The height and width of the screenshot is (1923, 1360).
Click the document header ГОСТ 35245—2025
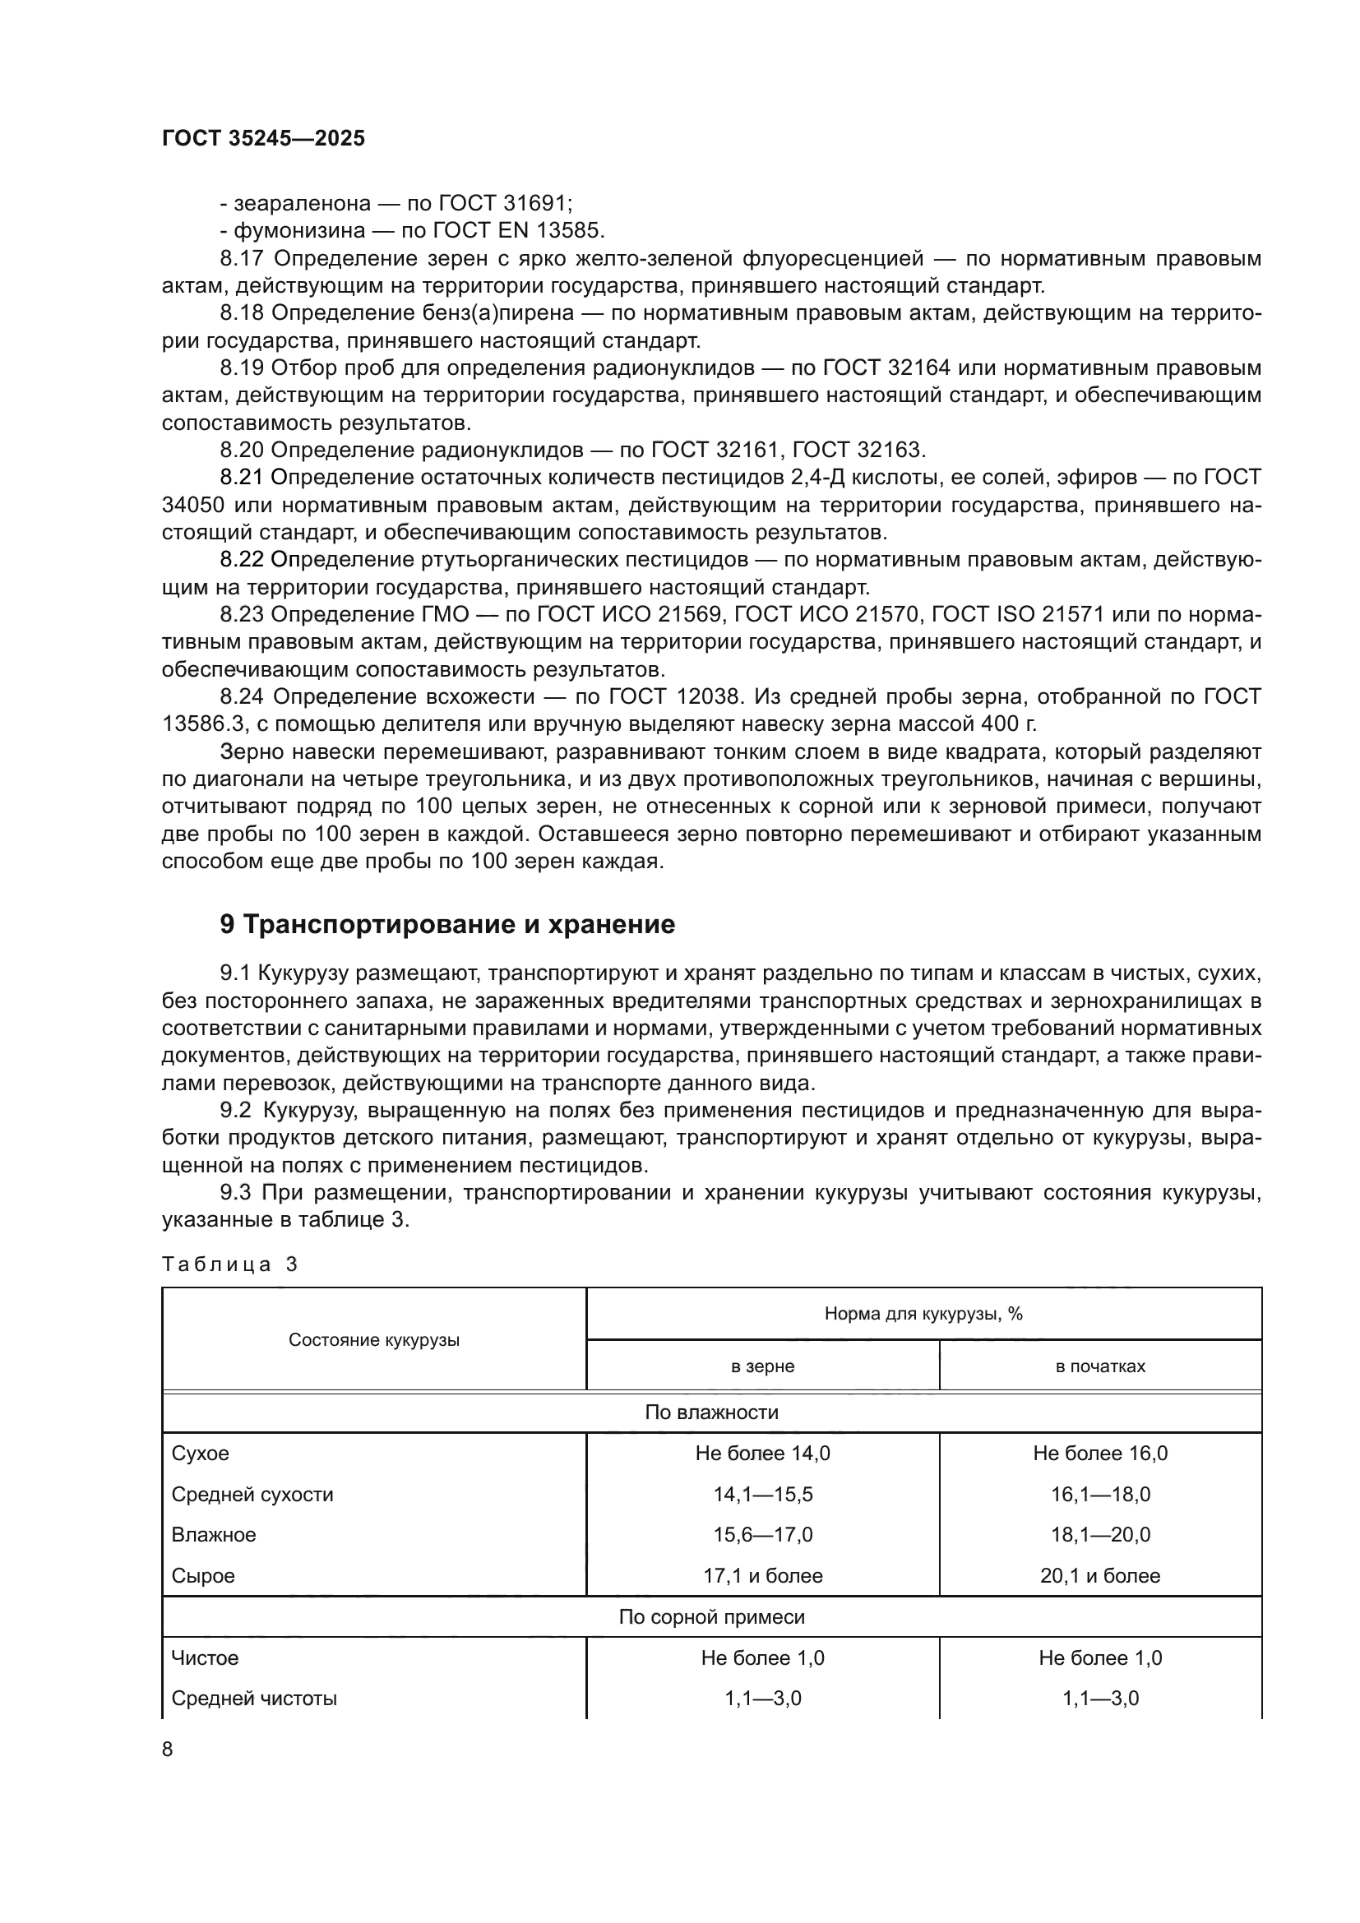tap(263, 139)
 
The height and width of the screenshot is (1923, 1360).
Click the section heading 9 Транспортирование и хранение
tap(447, 925)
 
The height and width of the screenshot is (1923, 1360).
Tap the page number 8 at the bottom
tap(168, 1749)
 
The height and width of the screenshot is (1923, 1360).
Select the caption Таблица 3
tap(229, 1264)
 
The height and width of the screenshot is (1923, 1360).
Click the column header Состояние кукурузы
tap(373, 1340)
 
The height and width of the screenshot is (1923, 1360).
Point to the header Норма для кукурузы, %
tap(923, 1314)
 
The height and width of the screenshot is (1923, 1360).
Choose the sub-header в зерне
tap(762, 1367)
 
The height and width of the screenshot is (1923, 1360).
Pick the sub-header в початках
tap(1099, 1367)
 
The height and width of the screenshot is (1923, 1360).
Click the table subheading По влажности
tap(711, 1413)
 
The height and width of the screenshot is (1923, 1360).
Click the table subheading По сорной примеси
tap(711, 1617)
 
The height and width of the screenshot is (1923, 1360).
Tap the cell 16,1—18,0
tap(1099, 1495)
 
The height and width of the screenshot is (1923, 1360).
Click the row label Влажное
tap(214, 1535)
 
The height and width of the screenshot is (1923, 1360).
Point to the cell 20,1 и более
tap(1099, 1576)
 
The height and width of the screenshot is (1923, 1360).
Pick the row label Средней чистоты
tap(254, 1699)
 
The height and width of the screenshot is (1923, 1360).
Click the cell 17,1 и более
tap(762, 1576)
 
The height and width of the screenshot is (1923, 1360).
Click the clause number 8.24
tap(242, 697)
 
